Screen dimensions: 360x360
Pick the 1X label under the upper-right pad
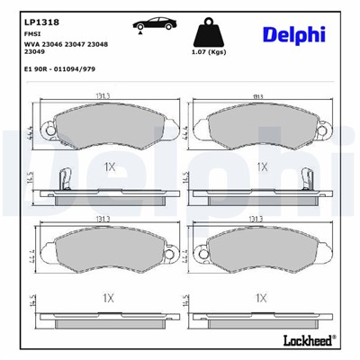(x=262, y=166)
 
